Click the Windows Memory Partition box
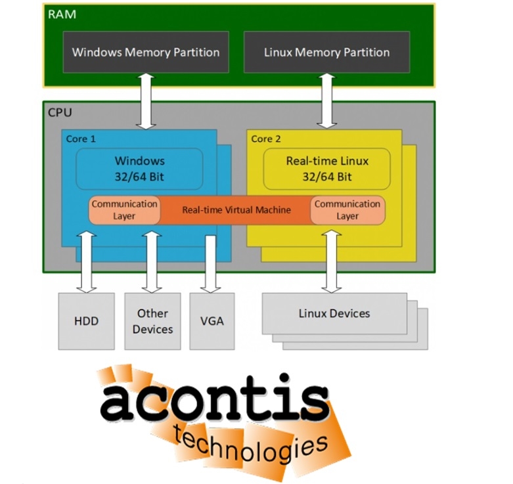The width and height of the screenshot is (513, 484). (145, 52)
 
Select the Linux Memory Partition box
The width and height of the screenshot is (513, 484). (326, 52)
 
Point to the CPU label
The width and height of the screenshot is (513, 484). (60, 112)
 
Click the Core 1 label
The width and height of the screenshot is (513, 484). (81, 139)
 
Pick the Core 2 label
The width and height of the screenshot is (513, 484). (266, 139)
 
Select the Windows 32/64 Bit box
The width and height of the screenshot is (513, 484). (139, 168)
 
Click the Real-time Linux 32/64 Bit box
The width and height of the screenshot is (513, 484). (326, 168)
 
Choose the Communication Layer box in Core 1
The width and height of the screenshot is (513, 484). (124, 209)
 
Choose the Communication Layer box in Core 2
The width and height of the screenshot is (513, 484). (347, 209)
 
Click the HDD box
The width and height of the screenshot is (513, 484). (86, 320)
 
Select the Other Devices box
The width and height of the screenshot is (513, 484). (152, 320)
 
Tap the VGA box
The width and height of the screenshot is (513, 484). (212, 320)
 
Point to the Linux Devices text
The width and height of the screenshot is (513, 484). (334, 313)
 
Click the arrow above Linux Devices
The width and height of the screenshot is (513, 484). (330, 259)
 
